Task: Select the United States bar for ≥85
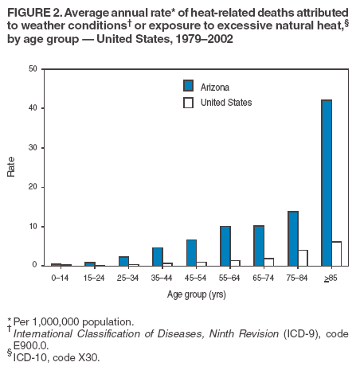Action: click(x=336, y=254)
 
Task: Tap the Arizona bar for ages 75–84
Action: click(x=293, y=239)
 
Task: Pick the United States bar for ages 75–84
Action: click(x=303, y=258)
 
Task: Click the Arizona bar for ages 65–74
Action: click(x=260, y=246)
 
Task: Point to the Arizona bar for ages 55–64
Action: click(x=225, y=246)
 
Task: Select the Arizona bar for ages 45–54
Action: click(x=191, y=252)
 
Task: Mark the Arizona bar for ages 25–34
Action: click(x=124, y=261)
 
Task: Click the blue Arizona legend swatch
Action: click(x=189, y=86)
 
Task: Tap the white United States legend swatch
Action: click(x=189, y=103)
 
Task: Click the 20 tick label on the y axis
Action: click(x=33, y=187)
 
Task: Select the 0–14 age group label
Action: click(x=60, y=278)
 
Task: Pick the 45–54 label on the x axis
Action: click(x=195, y=278)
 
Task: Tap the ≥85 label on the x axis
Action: click(x=331, y=278)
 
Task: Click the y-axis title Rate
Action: click(x=11, y=167)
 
